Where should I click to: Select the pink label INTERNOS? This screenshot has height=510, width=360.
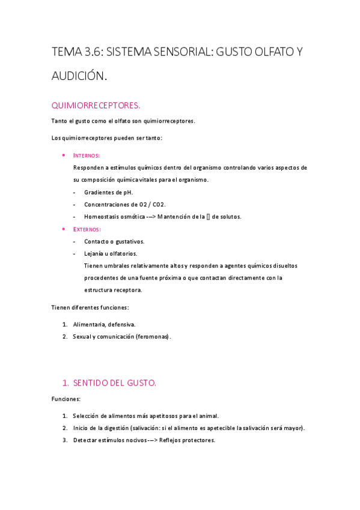tap(87, 155)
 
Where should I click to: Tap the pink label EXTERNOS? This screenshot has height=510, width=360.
tap(87, 229)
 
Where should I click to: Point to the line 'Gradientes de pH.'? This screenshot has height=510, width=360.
tap(108, 192)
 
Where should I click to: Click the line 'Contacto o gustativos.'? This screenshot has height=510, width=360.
tap(114, 241)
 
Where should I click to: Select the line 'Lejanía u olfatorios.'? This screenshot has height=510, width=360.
tap(111, 253)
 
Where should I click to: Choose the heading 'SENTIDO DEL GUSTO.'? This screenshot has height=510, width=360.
tap(114, 382)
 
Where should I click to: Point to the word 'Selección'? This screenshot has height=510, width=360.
tap(87, 416)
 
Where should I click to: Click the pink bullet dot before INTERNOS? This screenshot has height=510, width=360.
tap(64, 155)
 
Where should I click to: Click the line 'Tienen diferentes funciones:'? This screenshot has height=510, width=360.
tap(90, 307)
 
